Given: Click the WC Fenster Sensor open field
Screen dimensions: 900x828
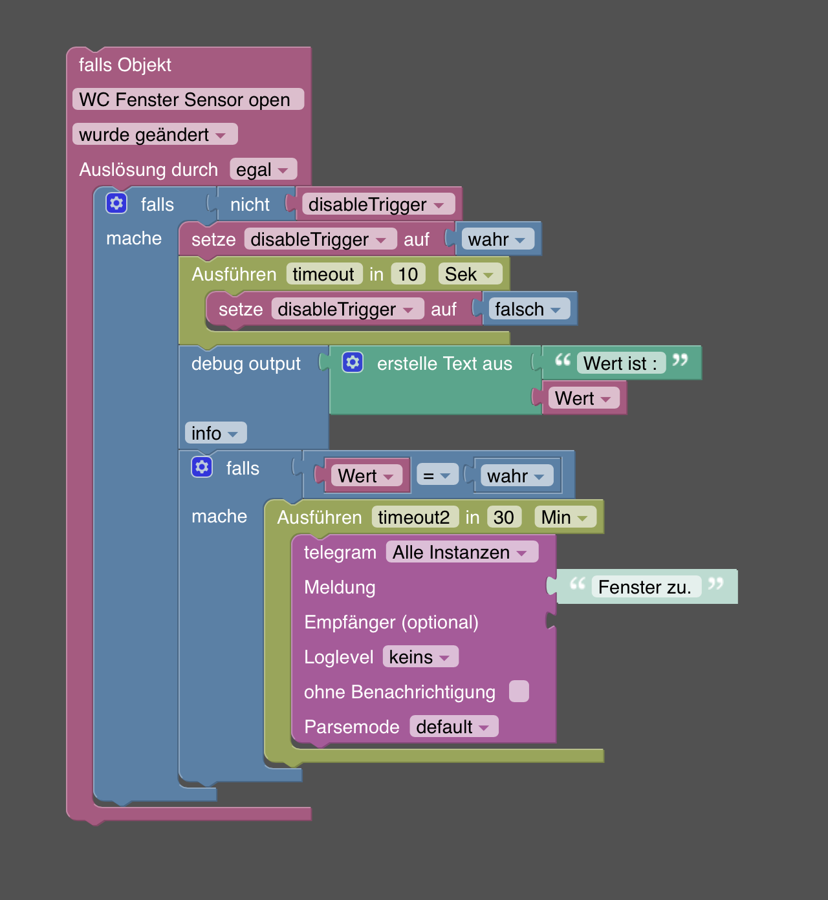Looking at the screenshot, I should point(188,100).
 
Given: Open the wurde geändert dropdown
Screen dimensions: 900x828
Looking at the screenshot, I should point(155,134).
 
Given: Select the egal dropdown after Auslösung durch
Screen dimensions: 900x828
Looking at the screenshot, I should point(263,170).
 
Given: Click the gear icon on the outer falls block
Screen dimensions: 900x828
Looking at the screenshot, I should point(116,203).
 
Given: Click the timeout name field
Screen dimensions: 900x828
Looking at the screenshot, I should point(323,275).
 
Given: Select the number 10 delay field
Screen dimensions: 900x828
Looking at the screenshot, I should point(408,275).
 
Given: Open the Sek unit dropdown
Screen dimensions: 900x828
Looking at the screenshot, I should point(470,275).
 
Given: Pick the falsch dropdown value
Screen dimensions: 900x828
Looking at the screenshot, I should point(528,310).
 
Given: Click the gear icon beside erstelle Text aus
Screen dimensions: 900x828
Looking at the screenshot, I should point(353,362).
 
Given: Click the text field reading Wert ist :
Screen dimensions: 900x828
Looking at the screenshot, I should point(620,363).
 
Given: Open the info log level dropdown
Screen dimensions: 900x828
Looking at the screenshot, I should point(215,433).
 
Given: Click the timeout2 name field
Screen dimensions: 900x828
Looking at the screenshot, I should point(414,518).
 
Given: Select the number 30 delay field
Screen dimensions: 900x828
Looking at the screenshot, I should point(504,518).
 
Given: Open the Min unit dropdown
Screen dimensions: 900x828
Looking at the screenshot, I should point(565,518).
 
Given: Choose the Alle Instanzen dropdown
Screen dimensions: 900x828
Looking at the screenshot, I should point(461,553).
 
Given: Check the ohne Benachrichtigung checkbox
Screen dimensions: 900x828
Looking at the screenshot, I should point(519,691).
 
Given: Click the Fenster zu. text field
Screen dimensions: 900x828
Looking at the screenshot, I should point(645,587).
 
